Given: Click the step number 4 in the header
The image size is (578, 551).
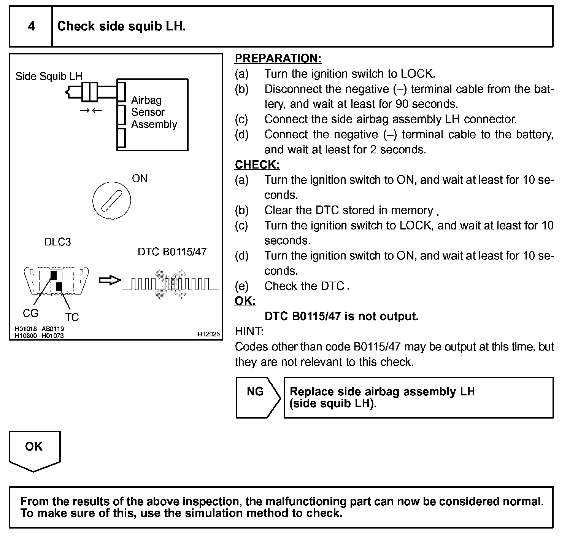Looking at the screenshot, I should pos(31,26).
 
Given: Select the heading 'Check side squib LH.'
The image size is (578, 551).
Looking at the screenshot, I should pos(121,26).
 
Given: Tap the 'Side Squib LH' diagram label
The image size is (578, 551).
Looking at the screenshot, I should pos(49,76).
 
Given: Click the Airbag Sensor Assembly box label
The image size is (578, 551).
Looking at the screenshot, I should pos(154,112).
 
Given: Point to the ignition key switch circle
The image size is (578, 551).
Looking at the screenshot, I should pos(112,200).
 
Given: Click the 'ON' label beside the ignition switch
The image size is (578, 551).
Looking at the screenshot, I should pos(140,178).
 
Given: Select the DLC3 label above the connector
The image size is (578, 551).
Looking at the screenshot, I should pos(57,242).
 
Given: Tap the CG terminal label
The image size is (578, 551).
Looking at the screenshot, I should pos(30,313).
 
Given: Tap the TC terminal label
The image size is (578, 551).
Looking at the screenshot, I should pos(71,317).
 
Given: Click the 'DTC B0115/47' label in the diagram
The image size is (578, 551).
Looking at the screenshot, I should pos(172,252).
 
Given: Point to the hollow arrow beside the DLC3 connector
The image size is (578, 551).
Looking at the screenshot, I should pos(110,281).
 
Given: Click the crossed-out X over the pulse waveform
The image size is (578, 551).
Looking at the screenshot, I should pos(170,283).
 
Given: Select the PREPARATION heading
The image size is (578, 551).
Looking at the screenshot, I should pos(278,59).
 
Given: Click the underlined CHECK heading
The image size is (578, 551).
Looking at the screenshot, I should pos(257,165).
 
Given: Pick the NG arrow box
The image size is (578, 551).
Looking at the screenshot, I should pos(257,397).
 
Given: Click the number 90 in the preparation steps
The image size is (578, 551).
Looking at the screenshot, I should pos(402,104).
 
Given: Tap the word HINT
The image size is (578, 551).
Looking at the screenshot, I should pos(249,331).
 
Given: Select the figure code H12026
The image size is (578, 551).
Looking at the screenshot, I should pos(208,334).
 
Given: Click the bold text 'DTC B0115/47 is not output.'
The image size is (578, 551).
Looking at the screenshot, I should pos(341,316).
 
